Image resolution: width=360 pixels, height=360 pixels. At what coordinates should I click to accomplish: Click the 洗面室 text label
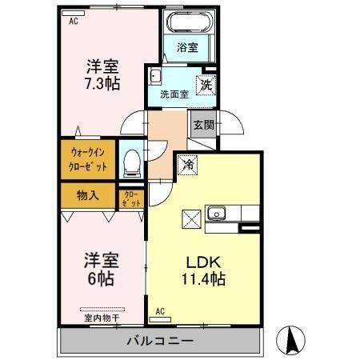174,94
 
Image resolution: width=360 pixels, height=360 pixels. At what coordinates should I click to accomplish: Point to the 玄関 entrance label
202,125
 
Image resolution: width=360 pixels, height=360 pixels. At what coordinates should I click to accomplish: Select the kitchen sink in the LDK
218,213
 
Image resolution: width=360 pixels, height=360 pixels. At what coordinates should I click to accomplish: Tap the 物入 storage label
87,194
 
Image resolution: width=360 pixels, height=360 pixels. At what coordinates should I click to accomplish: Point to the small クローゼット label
131,198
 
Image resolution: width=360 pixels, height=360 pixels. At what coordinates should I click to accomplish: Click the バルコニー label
160,342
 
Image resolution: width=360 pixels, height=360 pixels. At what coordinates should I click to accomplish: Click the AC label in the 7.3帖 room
74,22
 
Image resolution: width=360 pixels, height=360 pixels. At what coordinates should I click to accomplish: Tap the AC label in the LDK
160,310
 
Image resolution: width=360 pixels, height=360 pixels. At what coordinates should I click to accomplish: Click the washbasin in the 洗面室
155,77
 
